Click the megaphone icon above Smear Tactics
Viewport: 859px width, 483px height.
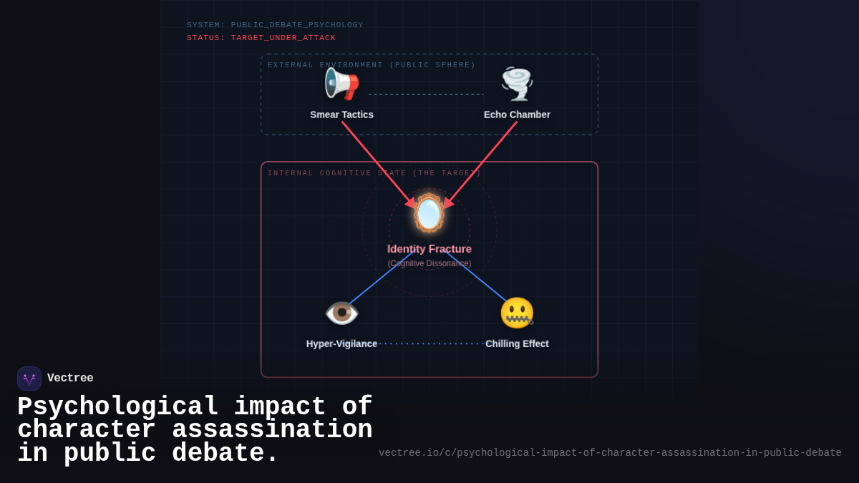click(x=341, y=84)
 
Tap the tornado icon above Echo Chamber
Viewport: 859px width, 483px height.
click(x=517, y=84)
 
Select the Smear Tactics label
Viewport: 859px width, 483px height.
click(x=341, y=114)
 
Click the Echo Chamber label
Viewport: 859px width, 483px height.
click(x=517, y=114)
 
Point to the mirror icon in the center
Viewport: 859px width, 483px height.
click(x=429, y=213)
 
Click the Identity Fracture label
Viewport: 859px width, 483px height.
click(x=429, y=249)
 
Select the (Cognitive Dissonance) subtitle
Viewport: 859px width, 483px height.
click(x=429, y=263)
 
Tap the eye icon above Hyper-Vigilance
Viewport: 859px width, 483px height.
click(x=341, y=313)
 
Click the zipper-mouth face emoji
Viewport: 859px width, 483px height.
click(x=517, y=313)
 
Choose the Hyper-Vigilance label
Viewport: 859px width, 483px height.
click(x=341, y=343)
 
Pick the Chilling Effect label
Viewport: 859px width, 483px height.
click(x=517, y=343)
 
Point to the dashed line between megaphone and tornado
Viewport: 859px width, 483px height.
click(x=426, y=94)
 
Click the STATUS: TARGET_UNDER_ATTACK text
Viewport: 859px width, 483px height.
click(x=261, y=38)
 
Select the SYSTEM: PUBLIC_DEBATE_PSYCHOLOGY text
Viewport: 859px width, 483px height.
click(x=275, y=25)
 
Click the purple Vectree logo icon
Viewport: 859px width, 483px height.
click(x=29, y=379)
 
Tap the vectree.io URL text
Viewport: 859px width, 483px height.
click(x=610, y=453)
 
